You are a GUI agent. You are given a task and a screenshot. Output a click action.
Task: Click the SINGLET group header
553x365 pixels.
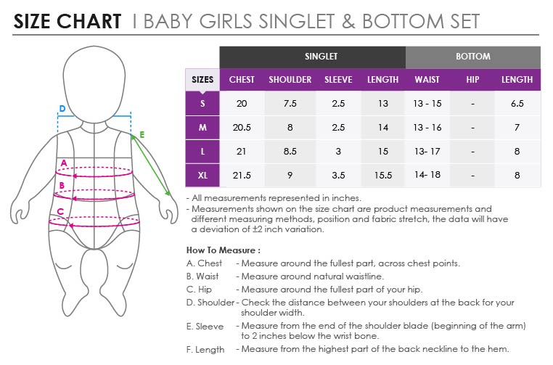tap(321, 57)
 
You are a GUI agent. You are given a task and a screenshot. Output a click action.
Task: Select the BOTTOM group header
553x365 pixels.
tap(473, 57)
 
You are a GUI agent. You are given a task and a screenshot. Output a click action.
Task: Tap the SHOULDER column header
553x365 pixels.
tap(290, 80)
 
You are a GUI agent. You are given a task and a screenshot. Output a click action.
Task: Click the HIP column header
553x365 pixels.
tap(472, 80)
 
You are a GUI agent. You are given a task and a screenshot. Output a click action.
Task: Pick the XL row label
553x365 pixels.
tap(202, 176)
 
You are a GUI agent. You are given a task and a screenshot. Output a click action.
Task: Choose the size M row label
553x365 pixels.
tap(202, 127)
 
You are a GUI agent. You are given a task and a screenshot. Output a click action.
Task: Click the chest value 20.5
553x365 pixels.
tap(242, 127)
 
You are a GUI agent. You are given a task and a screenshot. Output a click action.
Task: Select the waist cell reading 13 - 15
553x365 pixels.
tap(427, 104)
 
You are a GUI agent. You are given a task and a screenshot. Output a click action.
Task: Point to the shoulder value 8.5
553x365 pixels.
tap(290, 151)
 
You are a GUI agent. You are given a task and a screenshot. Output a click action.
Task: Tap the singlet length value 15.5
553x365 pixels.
tap(383, 176)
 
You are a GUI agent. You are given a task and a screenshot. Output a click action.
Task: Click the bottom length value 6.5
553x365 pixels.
tap(517, 104)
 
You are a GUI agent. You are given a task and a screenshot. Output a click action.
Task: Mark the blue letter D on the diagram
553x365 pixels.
tap(62, 109)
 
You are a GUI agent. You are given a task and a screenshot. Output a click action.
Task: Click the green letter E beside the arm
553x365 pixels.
tap(142, 134)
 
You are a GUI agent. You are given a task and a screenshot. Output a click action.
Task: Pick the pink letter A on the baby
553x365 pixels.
tap(64, 163)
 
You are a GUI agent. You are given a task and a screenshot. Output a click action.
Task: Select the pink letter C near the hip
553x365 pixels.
tap(60, 212)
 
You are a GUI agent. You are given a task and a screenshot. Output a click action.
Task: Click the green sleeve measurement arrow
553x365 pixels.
tap(151, 165)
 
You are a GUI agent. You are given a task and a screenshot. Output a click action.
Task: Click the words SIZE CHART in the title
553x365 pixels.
tap(67, 21)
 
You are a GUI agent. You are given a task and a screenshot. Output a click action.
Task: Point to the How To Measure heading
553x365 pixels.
tap(224, 250)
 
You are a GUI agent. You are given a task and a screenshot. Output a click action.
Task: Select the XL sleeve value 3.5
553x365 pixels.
tap(338, 176)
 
